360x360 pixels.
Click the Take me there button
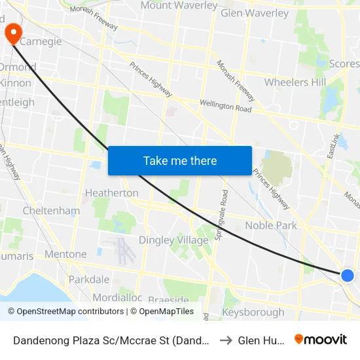[180, 160]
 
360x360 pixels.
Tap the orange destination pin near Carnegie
[12, 32]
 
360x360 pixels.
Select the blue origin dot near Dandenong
[348, 276]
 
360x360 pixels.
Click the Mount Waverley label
[179, 6]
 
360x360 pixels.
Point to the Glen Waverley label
[255, 13]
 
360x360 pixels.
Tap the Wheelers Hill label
[295, 82]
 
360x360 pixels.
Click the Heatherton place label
[111, 193]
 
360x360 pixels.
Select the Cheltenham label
[51, 211]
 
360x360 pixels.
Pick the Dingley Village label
[173, 240]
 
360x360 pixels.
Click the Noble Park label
[271, 225]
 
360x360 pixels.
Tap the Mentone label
[65, 254]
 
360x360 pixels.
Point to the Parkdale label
[89, 279]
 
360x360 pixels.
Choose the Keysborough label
[253, 312]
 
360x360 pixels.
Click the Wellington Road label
[225, 107]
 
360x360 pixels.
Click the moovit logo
[320, 339]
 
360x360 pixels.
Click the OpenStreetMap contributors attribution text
[67, 312]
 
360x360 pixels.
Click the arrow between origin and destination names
[224, 340]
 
